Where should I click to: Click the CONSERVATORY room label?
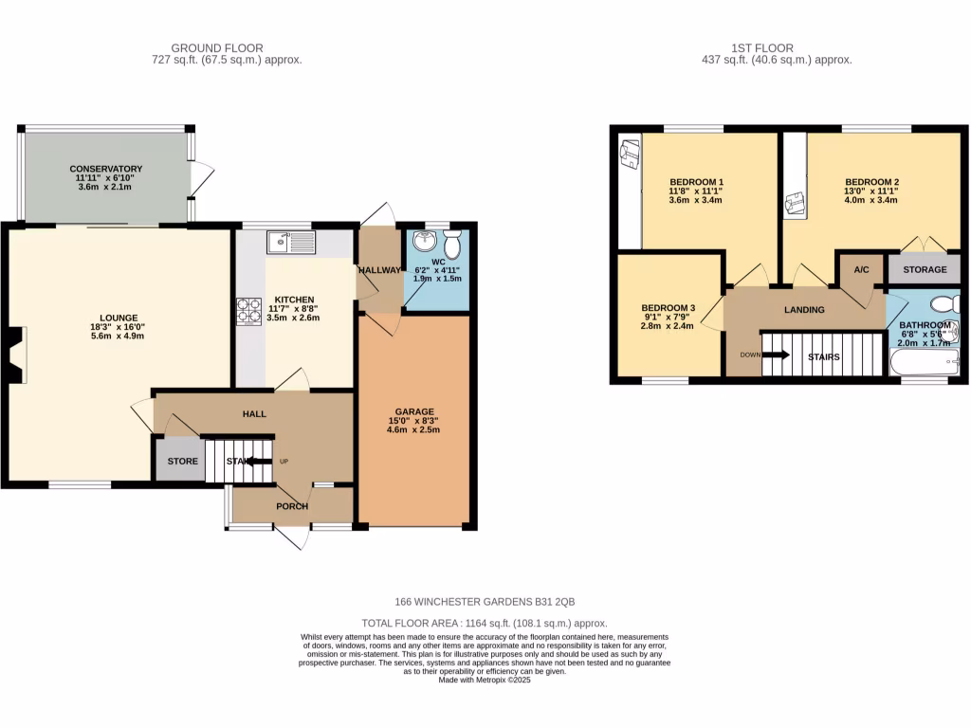click(105, 169)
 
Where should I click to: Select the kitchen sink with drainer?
click(291, 242)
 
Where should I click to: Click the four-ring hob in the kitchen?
click(248, 311)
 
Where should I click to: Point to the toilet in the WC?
click(451, 244)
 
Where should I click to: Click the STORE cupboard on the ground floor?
click(183, 462)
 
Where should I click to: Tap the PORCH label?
click(292, 506)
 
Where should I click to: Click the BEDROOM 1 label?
click(696, 182)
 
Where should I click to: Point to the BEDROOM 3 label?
click(668, 308)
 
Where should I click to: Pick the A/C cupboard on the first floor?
click(861, 269)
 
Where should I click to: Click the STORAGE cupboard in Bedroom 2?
click(924, 269)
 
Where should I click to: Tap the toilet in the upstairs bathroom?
click(944, 303)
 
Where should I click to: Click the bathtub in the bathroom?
click(924, 362)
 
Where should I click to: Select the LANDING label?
click(803, 310)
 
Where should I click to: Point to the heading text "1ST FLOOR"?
click(762, 47)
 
